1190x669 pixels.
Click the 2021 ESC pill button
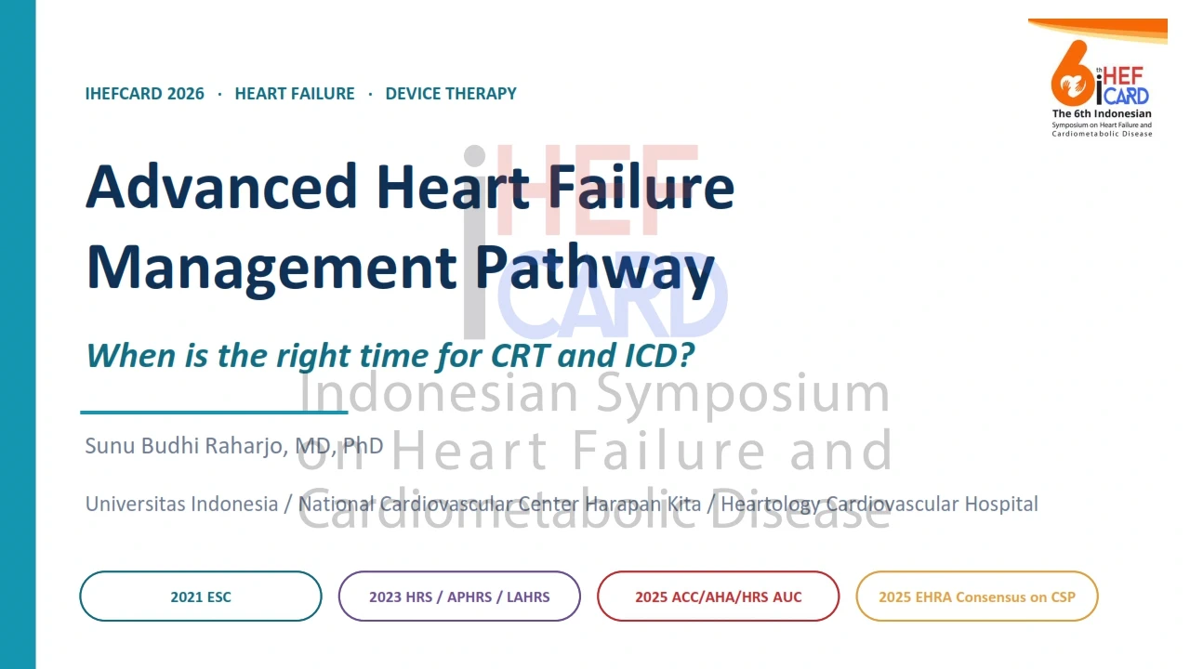click(x=201, y=597)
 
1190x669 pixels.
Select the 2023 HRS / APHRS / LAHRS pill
click(x=459, y=597)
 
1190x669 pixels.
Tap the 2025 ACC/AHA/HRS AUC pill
click(x=719, y=597)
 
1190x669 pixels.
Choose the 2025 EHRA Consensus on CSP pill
click(x=977, y=597)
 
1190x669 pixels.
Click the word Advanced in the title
click(x=221, y=187)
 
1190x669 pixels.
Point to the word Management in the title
click(x=271, y=269)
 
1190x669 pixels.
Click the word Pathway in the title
click(x=594, y=269)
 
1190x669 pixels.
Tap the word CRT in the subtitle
click(x=520, y=355)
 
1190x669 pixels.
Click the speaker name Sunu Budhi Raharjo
click(x=187, y=446)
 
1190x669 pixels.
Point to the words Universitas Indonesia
click(x=181, y=504)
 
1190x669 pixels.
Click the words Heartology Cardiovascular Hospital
click(x=879, y=504)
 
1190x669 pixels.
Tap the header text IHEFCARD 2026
click(x=144, y=94)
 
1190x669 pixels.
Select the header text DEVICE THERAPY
click(x=451, y=94)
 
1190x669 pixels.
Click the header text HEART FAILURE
click(x=295, y=94)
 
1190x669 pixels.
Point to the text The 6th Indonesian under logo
click(x=1102, y=113)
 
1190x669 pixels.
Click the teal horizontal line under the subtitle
click(x=214, y=412)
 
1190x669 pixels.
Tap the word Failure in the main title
click(x=641, y=187)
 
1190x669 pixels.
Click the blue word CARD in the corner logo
click(x=1126, y=96)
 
